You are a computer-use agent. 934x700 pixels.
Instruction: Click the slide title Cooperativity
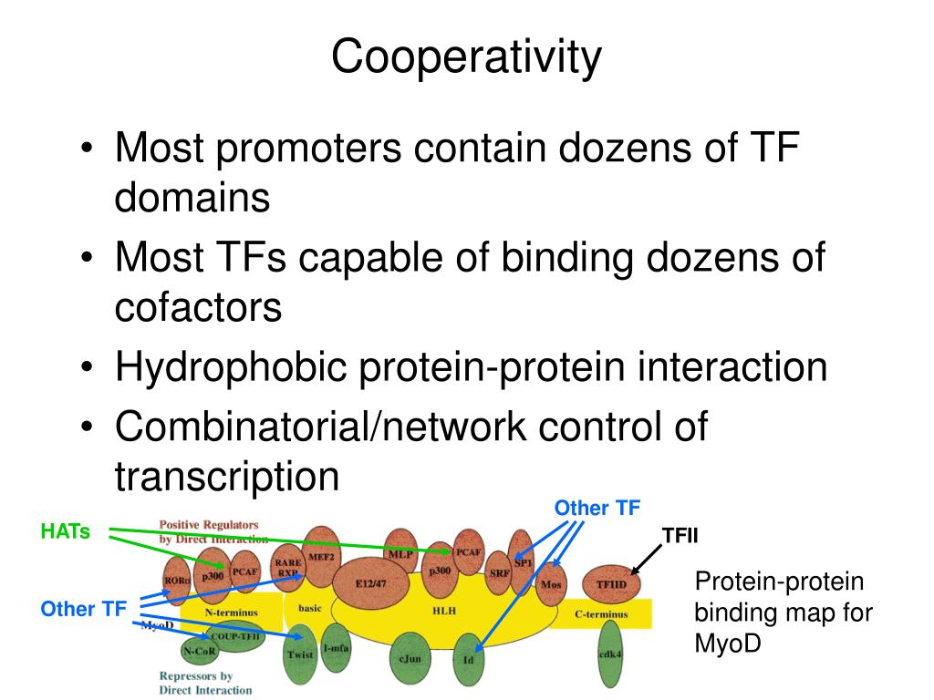point(466,57)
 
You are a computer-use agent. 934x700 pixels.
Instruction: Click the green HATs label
point(66,530)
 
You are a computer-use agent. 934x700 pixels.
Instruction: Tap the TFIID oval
point(612,584)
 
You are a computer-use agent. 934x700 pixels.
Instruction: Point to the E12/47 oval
point(370,584)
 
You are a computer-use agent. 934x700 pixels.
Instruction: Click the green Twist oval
point(300,654)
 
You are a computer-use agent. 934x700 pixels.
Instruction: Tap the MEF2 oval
point(321,555)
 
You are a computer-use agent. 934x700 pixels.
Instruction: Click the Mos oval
point(550,584)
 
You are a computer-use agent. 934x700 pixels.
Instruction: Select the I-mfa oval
point(335,647)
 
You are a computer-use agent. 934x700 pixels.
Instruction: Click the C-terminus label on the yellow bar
point(601,614)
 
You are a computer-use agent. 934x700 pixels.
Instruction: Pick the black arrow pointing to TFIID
point(647,558)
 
